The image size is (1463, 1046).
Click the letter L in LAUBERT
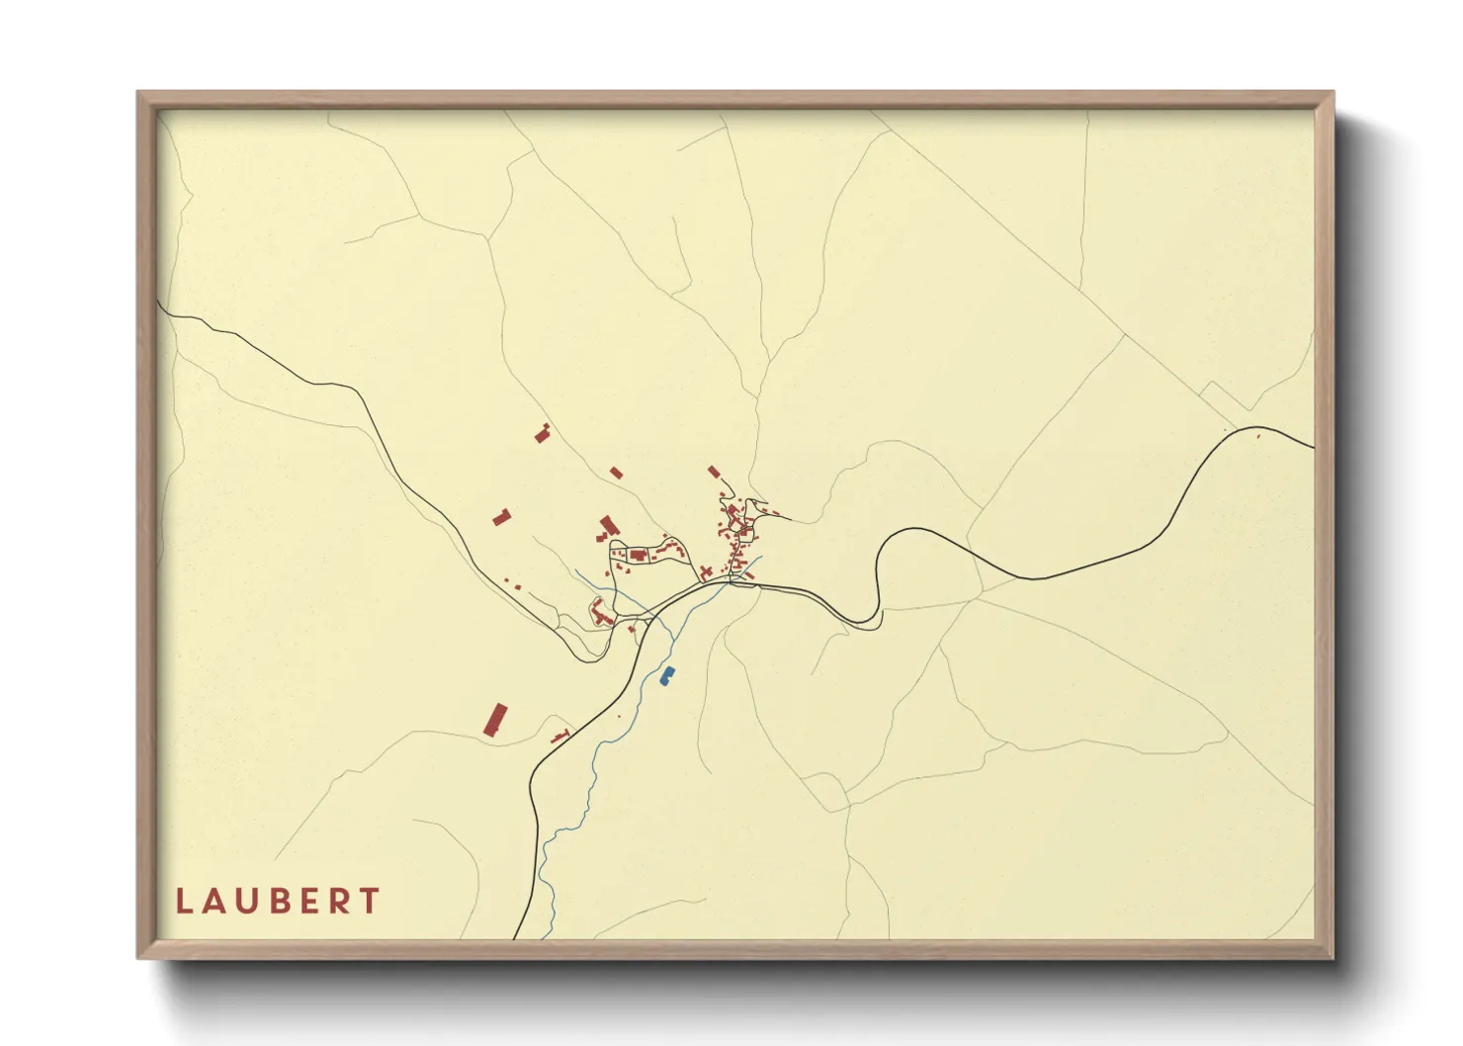[x=183, y=901]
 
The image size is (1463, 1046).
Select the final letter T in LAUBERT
[x=370, y=901]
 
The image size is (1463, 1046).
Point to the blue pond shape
[x=667, y=676]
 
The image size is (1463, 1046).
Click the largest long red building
[x=494, y=720]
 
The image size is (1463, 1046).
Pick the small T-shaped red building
[x=560, y=736]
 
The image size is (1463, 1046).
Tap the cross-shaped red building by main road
[x=706, y=572]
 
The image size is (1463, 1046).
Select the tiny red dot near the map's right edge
[x=1258, y=435]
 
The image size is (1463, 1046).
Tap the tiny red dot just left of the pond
[x=619, y=716]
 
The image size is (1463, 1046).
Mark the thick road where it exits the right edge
[x=1312, y=446]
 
